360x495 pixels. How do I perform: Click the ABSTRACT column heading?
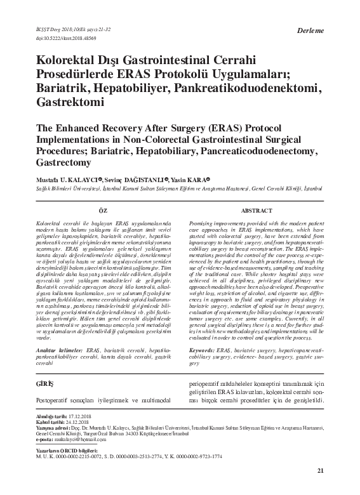257,209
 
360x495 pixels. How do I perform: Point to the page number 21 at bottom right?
320,470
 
